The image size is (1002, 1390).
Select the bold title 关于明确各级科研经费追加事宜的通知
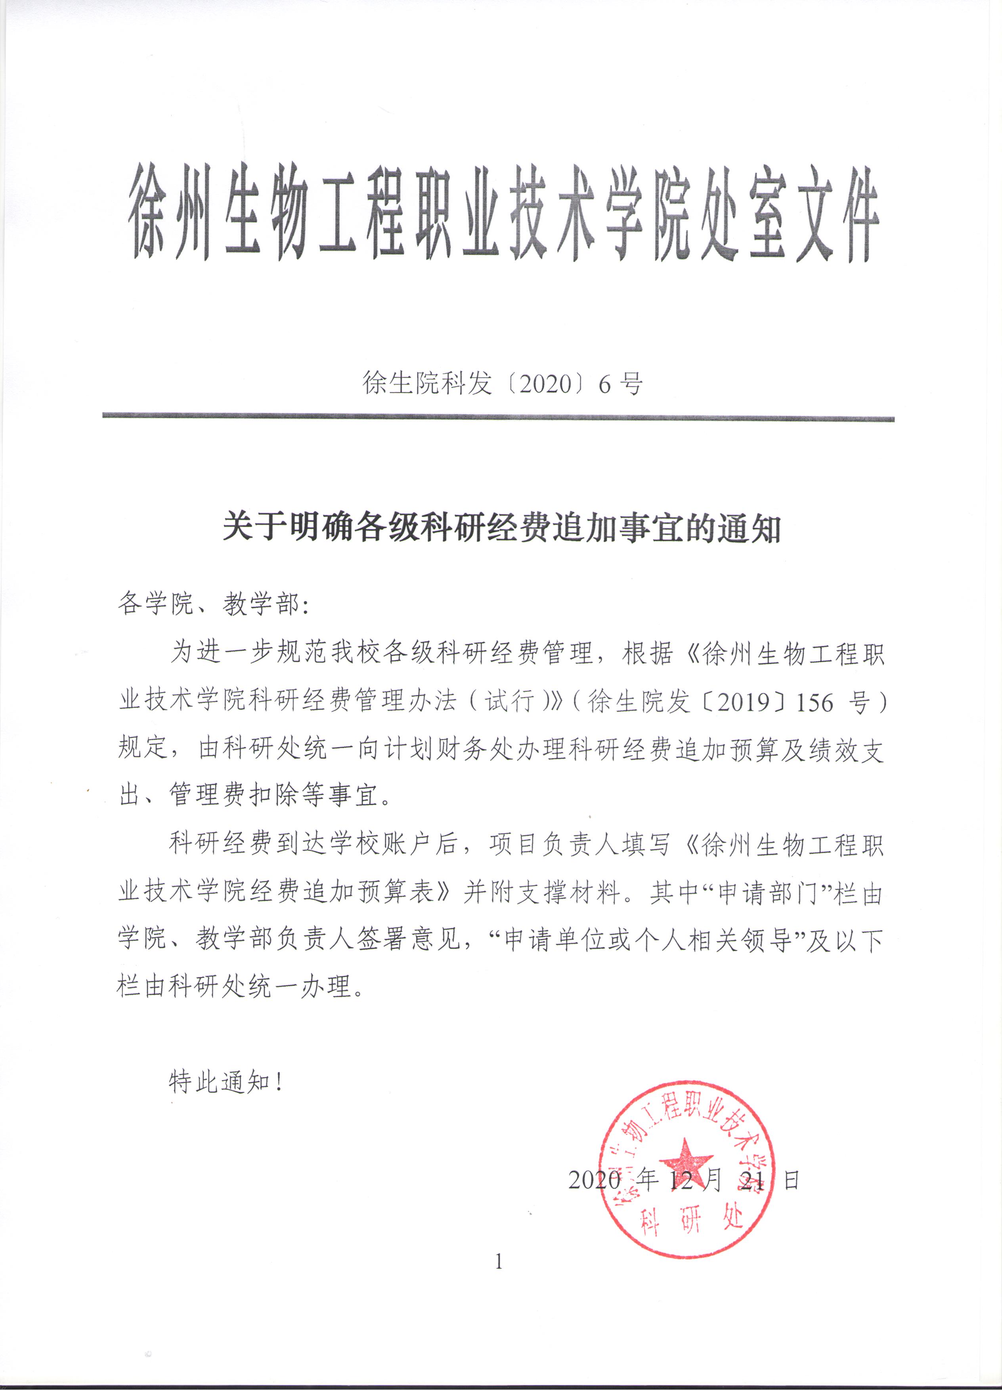(501, 527)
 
